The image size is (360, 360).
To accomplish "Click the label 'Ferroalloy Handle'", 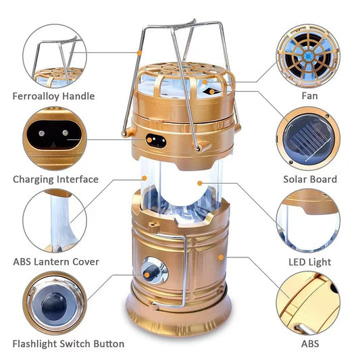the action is pos(53,96).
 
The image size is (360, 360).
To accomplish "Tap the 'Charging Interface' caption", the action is pos(55,179).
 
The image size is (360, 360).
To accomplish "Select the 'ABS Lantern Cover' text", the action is pos(56,262).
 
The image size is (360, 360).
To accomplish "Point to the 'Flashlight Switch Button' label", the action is pos(68,344).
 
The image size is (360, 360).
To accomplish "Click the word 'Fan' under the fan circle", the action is pos(310,96).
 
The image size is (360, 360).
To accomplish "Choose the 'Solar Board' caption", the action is pos(310,179).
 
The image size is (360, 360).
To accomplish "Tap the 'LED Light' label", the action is pos(310,262).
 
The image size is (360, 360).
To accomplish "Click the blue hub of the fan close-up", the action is pos(308,55).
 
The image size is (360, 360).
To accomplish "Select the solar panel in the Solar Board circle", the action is pos(308,140).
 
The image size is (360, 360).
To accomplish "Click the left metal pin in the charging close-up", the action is pos(42,133).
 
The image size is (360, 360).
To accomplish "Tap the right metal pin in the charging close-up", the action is pos(66,132).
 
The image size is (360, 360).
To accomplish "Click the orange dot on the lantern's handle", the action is pos(139,53).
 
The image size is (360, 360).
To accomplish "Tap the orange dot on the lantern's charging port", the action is pos(149,140).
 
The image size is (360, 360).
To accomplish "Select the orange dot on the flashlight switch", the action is pos(147,275).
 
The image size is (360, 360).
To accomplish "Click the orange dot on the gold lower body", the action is pos(221,257).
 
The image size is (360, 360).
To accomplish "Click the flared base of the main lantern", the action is pos(178,318).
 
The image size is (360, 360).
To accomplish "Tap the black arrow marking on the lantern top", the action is pos(211,92).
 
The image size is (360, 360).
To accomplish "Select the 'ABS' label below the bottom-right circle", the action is pos(310,344).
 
